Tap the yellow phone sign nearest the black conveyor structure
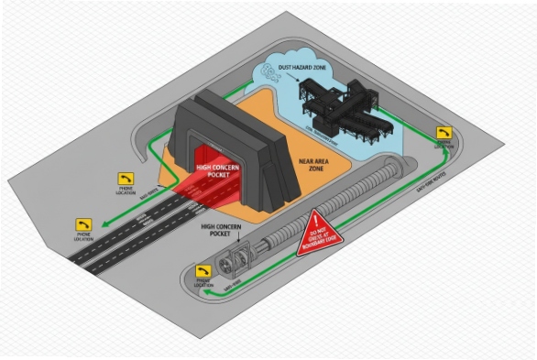(x=444, y=134)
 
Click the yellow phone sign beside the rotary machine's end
(x=203, y=271)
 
